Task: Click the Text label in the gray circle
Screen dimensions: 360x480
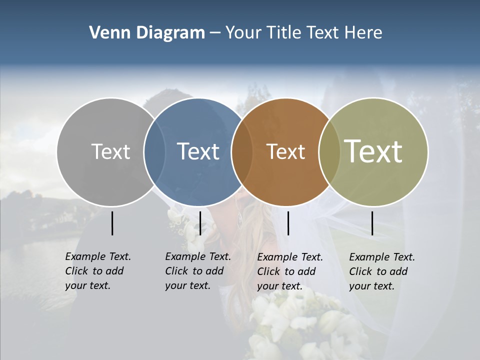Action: click(110, 151)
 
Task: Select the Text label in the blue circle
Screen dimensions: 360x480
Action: click(198, 151)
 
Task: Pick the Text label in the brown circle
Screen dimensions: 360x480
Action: click(285, 151)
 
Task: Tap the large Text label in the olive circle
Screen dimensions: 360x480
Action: click(373, 151)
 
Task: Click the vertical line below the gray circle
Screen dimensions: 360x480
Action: click(112, 223)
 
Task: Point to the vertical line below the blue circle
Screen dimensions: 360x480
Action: click(200, 223)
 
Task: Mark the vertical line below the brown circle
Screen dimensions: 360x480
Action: click(288, 223)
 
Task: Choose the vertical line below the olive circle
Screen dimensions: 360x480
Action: click(372, 223)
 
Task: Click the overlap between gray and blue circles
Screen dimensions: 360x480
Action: click(154, 151)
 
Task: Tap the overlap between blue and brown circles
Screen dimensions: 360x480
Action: click(242, 151)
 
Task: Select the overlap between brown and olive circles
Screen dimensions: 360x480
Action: click(329, 151)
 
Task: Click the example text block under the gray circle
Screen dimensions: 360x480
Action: click(97, 271)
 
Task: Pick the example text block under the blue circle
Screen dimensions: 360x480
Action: click(197, 271)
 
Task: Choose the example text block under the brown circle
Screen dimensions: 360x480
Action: click(289, 271)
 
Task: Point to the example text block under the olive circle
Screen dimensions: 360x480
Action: click(381, 271)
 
